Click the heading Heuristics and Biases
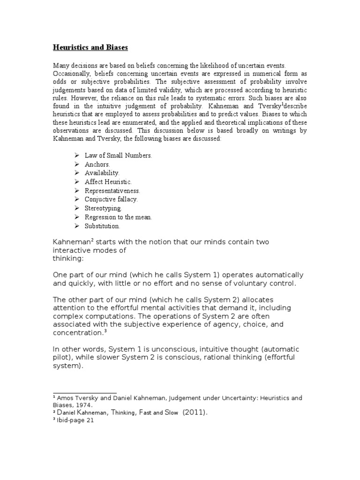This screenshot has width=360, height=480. (90, 47)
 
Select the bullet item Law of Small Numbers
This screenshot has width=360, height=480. (118, 156)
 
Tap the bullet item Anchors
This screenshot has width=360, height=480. (97, 165)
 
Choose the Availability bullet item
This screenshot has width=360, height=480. (102, 173)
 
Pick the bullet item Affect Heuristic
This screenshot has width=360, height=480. (108, 182)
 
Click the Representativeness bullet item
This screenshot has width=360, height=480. (112, 191)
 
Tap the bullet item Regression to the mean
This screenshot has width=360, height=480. (118, 217)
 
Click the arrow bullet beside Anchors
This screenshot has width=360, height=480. (77, 165)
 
